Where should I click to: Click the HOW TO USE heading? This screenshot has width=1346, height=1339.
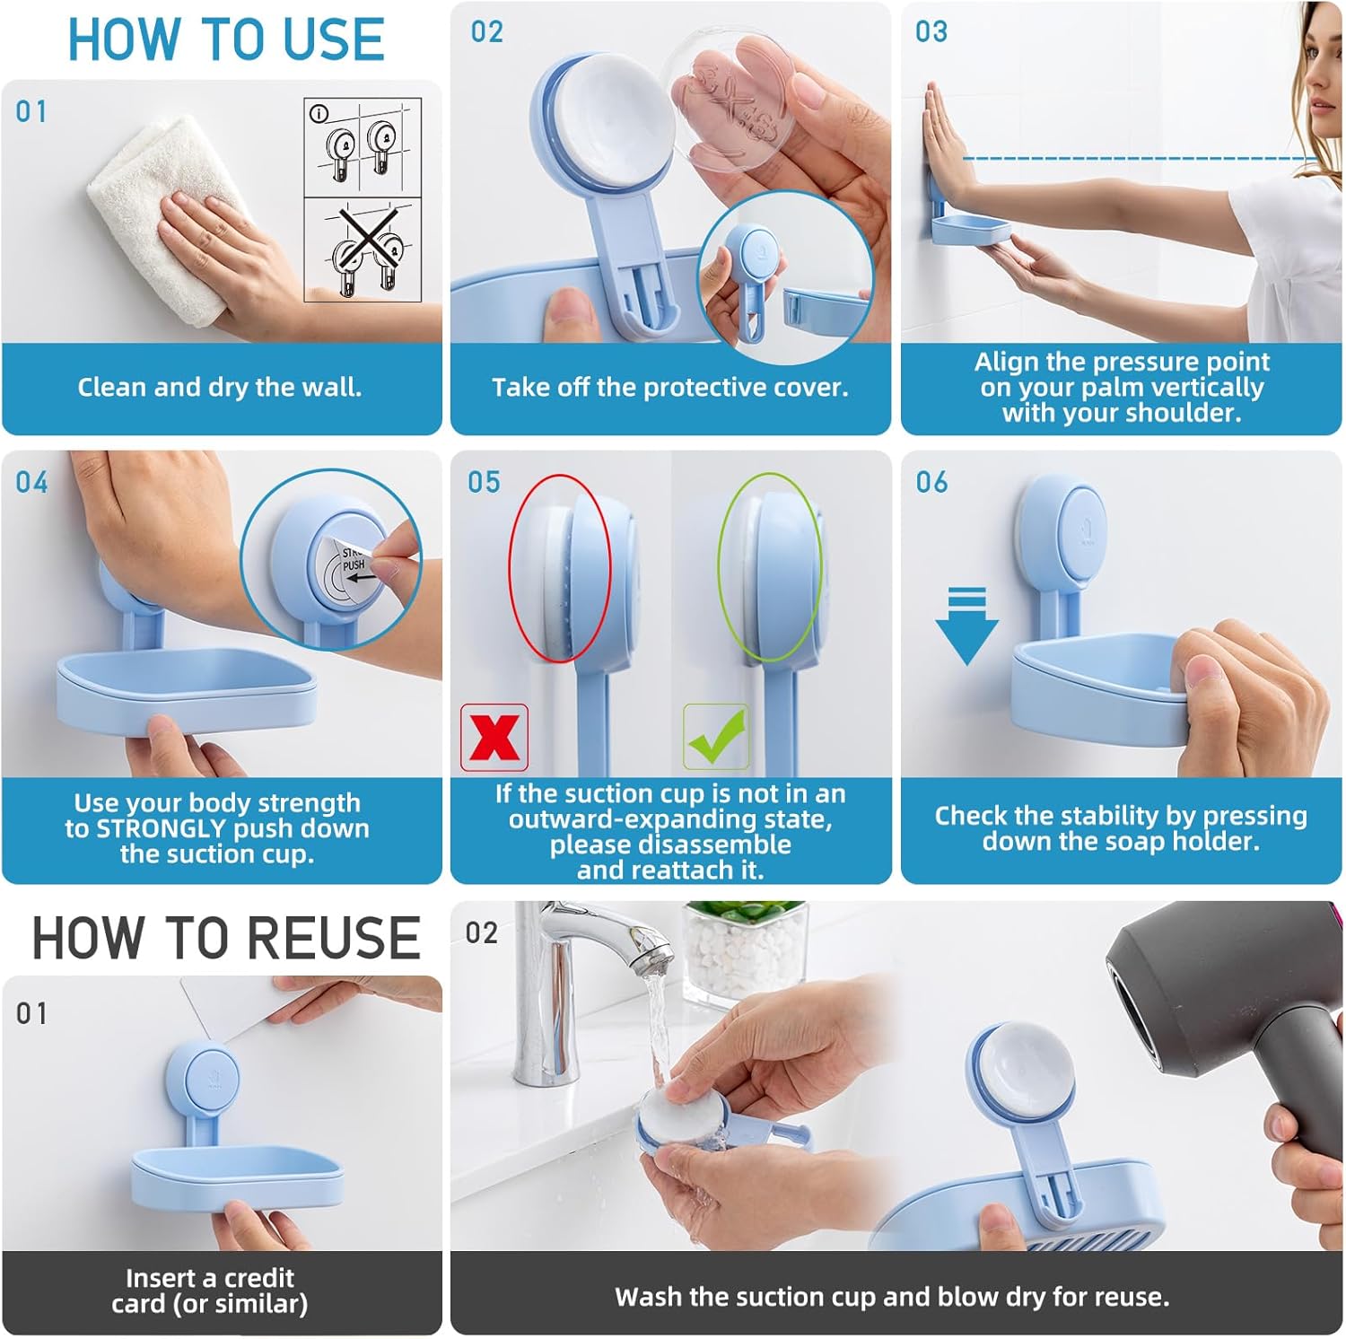pos(226,40)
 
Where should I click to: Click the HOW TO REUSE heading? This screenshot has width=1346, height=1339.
pos(226,938)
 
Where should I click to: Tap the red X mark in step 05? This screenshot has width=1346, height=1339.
pos(494,737)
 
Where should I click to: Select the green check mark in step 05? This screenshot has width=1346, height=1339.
pos(715,737)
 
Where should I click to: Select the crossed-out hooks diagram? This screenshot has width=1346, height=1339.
pos(363,251)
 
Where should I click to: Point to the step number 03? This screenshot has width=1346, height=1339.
pos(931,32)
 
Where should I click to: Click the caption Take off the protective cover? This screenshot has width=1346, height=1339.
pos(669,388)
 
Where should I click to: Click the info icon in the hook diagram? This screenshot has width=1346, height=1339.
pos(319,113)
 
